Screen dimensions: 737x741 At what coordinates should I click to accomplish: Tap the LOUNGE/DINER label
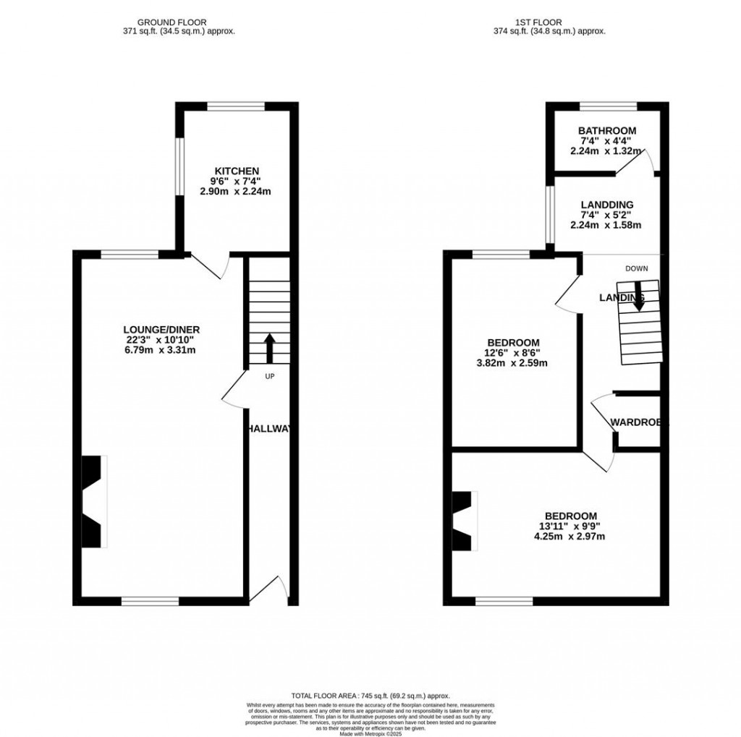click(x=161, y=329)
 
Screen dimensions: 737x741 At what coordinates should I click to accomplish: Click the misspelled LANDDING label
click(x=607, y=205)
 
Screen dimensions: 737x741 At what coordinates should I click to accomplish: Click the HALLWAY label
click(x=269, y=429)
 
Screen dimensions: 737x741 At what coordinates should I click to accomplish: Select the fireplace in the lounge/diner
click(x=93, y=501)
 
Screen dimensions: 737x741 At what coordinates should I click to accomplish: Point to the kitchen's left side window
click(x=179, y=166)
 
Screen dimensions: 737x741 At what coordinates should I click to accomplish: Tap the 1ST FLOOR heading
click(x=549, y=22)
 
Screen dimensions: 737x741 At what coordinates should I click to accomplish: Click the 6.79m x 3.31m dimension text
click(x=161, y=350)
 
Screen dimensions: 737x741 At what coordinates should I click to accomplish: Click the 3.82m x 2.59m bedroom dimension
click(x=512, y=363)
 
